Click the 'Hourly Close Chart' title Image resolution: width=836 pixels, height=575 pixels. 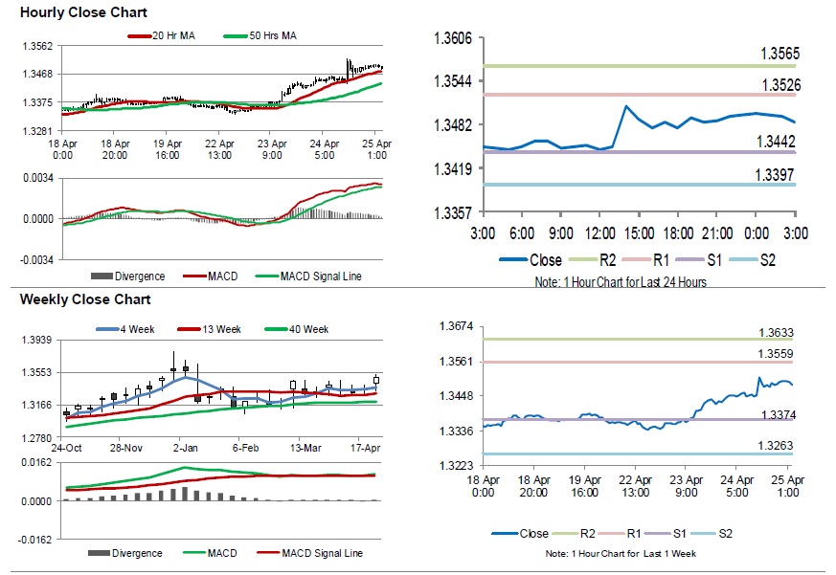[69, 13]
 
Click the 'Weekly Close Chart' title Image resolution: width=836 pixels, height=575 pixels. [72, 299]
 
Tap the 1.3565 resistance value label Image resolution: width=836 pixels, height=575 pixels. [780, 54]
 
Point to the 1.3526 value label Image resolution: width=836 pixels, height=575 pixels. [780, 85]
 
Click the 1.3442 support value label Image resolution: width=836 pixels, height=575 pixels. [780, 141]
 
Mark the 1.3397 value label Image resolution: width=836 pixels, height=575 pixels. [780, 174]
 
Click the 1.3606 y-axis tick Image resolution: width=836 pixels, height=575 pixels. [453, 38]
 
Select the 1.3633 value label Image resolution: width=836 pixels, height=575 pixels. [777, 333]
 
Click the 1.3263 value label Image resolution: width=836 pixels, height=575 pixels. [777, 445]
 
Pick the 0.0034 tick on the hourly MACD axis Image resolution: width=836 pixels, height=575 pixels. [37, 177]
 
